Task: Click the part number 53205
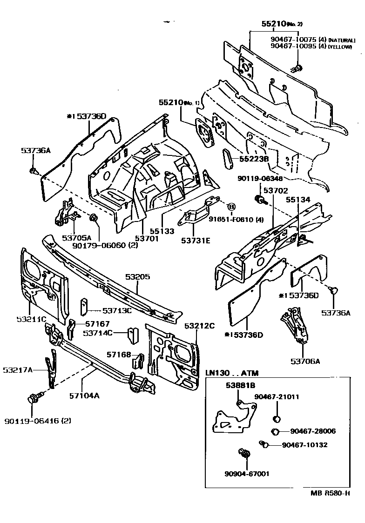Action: coord(137,276)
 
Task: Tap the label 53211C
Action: coord(31,319)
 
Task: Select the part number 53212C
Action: coord(199,326)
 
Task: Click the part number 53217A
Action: coord(18,370)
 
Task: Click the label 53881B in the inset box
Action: coord(241,385)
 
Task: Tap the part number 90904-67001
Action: coord(247,474)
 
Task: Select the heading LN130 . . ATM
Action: coord(232,373)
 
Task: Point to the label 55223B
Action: coord(254,159)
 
